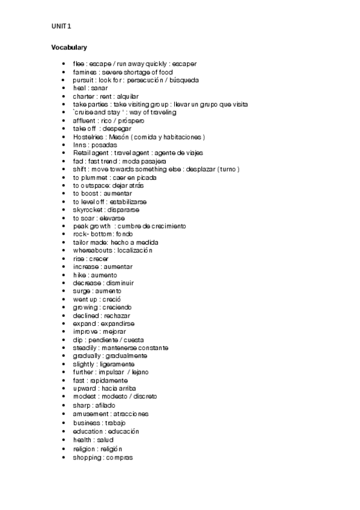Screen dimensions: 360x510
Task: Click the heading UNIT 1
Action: click(61, 26)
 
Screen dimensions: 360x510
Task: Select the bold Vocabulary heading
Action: click(69, 47)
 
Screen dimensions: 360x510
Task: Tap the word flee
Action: click(78, 64)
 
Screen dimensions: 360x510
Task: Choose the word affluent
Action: click(85, 121)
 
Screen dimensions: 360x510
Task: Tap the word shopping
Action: click(87, 458)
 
